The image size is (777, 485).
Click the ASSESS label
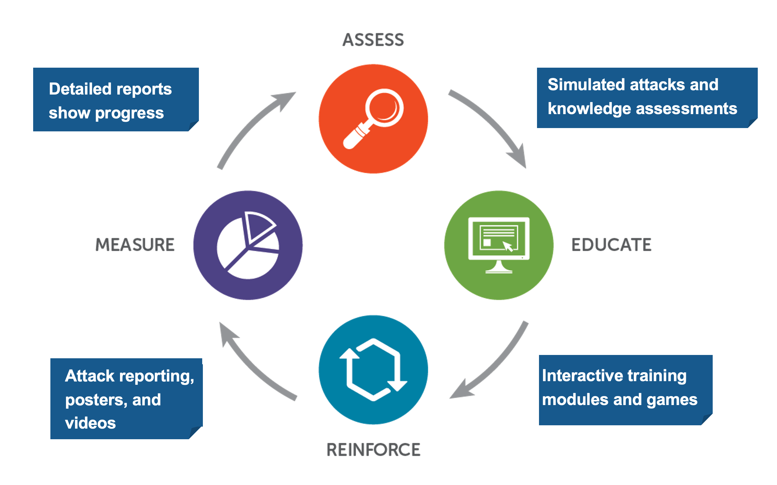pyautogui.click(x=373, y=40)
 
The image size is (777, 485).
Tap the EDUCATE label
pyautogui.click(x=611, y=245)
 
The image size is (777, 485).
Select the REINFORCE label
pyautogui.click(x=373, y=450)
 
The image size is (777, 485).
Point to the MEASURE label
pyautogui.click(x=135, y=245)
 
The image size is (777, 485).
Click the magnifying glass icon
pyautogui.click(x=373, y=119)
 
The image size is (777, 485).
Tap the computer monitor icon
pyautogui.click(x=499, y=245)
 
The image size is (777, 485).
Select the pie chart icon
pyautogui.click(x=248, y=245)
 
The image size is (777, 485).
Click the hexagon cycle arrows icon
pyautogui.click(x=373, y=370)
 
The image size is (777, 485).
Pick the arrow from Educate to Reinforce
pyautogui.click(x=494, y=365)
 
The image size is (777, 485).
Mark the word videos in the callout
pyautogui.click(x=90, y=423)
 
